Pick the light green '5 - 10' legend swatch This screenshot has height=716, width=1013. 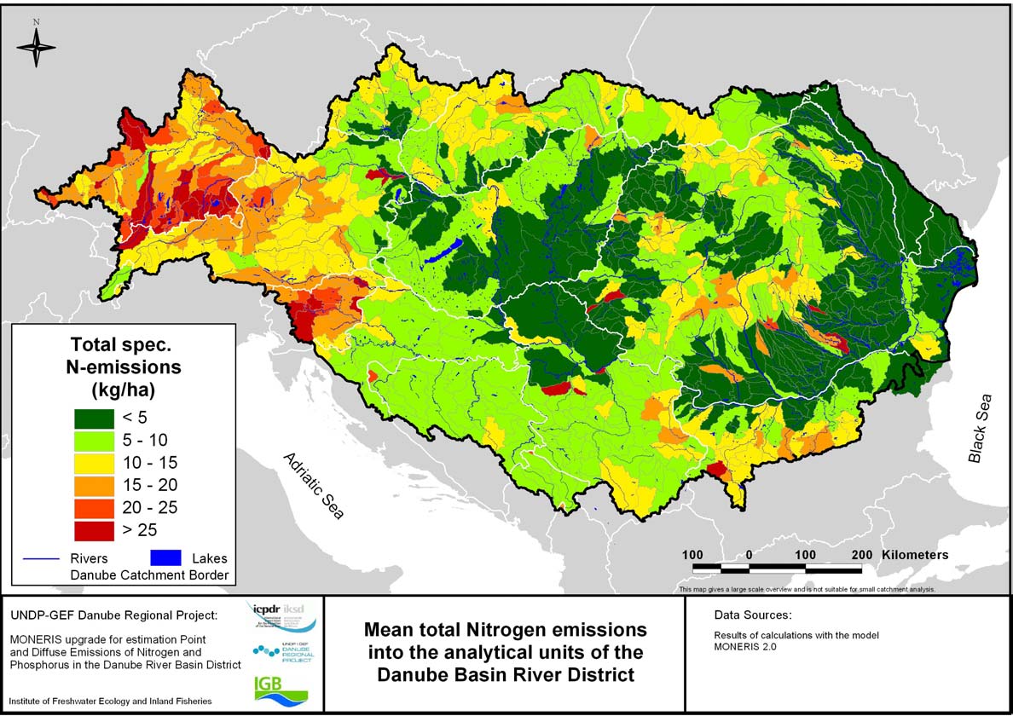click(96, 440)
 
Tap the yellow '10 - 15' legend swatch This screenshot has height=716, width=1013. click(96, 463)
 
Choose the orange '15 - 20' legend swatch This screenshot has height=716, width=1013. click(96, 485)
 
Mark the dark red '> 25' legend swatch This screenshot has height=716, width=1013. click(96, 530)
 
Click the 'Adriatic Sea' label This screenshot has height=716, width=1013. click(314, 486)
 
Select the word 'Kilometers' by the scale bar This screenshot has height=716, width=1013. click(915, 554)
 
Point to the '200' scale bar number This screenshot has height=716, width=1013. click(862, 554)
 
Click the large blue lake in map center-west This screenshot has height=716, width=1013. click(443, 251)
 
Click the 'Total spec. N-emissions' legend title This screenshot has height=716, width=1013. click(126, 356)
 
